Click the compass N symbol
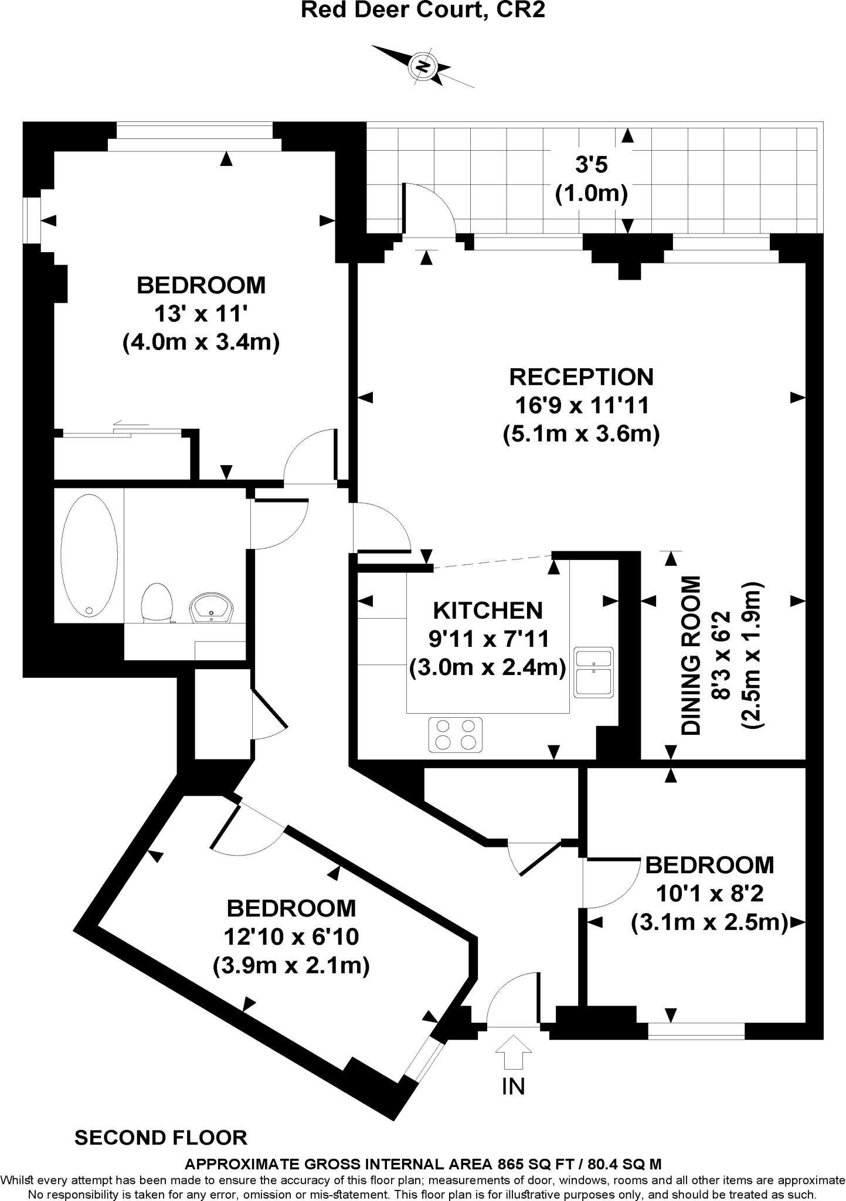422,66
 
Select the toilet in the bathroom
157,602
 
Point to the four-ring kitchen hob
456,734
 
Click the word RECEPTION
581,377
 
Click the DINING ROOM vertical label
692,655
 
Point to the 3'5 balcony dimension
591,165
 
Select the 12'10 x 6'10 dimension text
291,937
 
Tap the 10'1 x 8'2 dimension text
709,894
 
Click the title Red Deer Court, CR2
423,10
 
